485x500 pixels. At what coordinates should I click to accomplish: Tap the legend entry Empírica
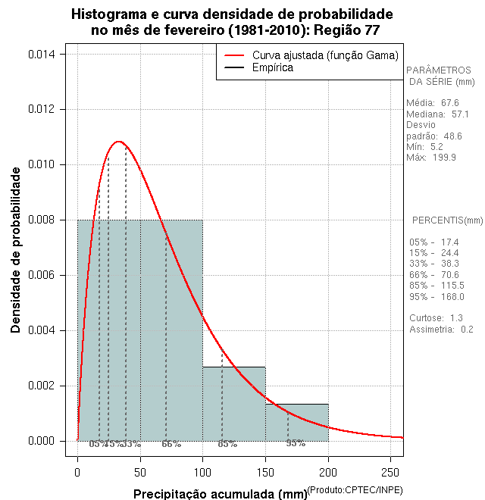pos(272,67)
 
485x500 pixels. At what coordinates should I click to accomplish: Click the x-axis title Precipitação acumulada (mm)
pos(221,494)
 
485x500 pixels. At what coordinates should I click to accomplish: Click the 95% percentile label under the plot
pos(296,443)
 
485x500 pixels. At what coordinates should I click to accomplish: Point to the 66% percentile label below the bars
pos(171,443)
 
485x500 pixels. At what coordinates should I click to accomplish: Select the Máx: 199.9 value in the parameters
pos(431,158)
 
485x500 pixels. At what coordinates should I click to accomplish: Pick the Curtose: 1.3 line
pos(436,317)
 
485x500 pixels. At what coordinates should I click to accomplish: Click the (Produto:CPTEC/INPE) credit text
pos(355,489)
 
